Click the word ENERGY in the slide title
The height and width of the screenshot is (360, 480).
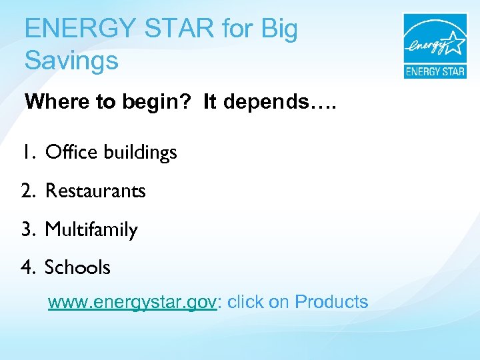point(74,30)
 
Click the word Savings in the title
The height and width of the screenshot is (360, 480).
point(71,61)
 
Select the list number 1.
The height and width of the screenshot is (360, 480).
point(26,153)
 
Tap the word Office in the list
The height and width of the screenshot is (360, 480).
point(71,153)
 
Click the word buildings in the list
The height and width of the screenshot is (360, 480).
point(140,153)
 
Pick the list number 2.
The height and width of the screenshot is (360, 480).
point(27,191)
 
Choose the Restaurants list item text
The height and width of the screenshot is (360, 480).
point(95,191)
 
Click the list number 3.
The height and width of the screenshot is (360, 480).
point(27,230)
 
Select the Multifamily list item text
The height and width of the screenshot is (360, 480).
point(91,231)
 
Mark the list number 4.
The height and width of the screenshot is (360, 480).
point(27,267)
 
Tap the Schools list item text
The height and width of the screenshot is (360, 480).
point(77,267)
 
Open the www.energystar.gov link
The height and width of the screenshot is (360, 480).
point(132,302)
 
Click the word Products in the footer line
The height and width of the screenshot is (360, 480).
point(331,302)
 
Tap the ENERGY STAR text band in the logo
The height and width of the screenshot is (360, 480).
point(435,71)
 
